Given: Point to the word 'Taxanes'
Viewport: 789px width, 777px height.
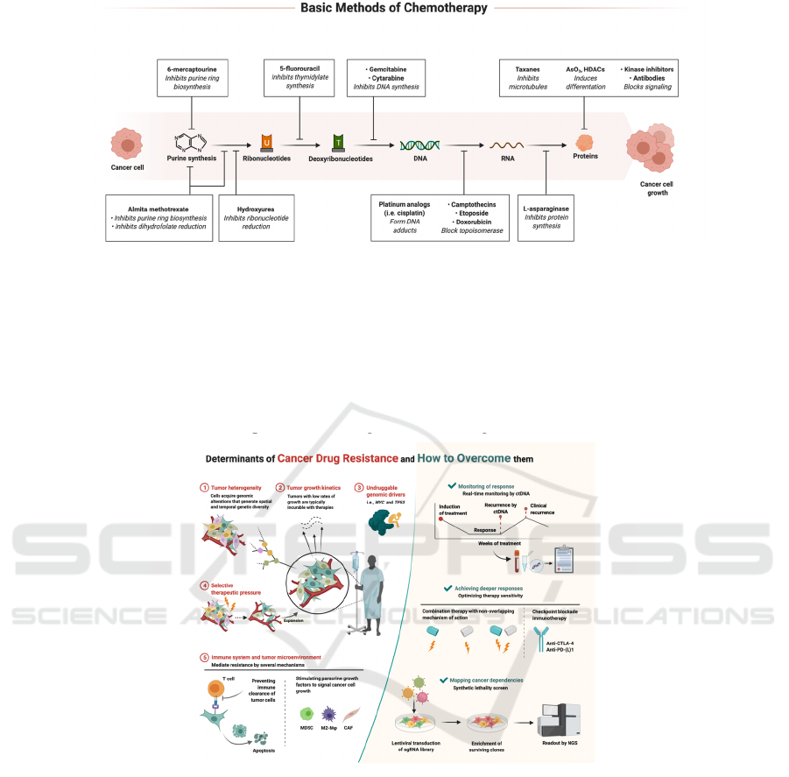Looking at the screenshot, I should (527, 68).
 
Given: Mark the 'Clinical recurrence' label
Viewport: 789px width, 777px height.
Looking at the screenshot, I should (545, 510).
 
